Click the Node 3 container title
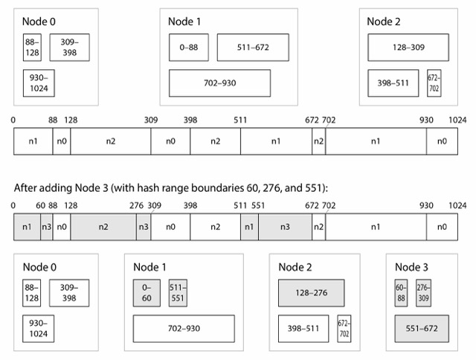coord(411,267)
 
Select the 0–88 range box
coord(189,48)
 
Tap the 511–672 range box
coord(253,48)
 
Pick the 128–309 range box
coord(408,48)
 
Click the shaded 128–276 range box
coord(312,293)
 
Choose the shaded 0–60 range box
coord(147,293)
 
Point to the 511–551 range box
coord(178,293)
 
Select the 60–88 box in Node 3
coord(401,293)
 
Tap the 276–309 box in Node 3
coord(423,293)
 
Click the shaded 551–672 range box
coord(422,329)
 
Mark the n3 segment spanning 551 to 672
coord(285,227)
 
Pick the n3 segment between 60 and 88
coord(46,227)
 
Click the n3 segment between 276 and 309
coord(144,227)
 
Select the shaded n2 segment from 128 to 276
coord(103,227)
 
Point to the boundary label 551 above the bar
coord(258,206)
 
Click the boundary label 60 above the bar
coord(41,206)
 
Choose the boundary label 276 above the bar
coord(136,206)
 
